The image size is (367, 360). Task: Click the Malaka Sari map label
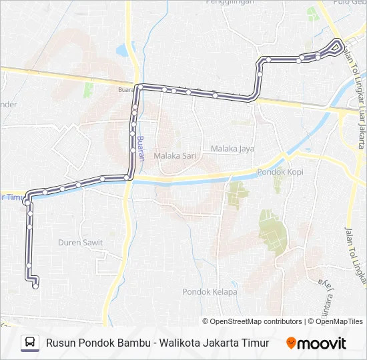click(x=173, y=155)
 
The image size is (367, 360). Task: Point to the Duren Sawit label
click(x=80, y=243)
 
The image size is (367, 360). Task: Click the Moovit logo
click(x=316, y=343)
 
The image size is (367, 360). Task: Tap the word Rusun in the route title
click(x=61, y=343)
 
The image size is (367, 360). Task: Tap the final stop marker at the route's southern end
click(x=35, y=287)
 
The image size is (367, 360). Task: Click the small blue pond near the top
click(x=123, y=51)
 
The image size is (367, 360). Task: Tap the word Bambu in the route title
click(x=131, y=343)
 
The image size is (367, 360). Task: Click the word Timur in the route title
click(x=255, y=343)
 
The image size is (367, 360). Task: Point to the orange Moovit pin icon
click(x=291, y=343)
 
